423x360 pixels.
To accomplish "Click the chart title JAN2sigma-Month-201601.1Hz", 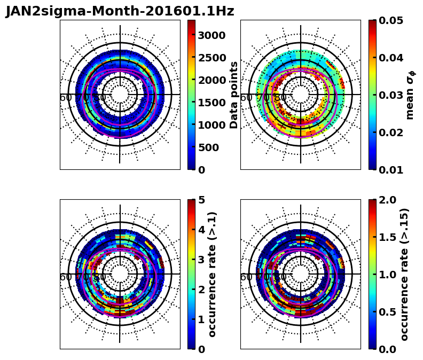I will [x=120, y=11].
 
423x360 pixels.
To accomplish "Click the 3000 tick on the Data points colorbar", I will [x=211, y=35].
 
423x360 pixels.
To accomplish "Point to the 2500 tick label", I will [x=211, y=58].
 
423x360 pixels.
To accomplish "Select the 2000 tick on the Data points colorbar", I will [x=211, y=80].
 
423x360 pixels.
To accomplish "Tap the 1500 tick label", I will [x=211, y=103].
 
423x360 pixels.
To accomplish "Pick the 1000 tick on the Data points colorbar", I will [x=211, y=125].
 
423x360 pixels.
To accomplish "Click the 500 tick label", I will [x=208, y=147].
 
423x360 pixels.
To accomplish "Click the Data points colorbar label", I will [x=234, y=95].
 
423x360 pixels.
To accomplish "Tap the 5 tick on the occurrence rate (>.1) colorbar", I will [x=201, y=200].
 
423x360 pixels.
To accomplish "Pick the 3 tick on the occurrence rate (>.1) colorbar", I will [x=201, y=260].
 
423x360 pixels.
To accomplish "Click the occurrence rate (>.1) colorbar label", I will [x=213, y=274].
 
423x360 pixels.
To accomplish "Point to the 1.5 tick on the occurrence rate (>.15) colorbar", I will [x=389, y=237].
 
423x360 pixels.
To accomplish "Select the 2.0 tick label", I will [x=389, y=200].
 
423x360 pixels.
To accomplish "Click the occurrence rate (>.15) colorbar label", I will [x=404, y=274].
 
